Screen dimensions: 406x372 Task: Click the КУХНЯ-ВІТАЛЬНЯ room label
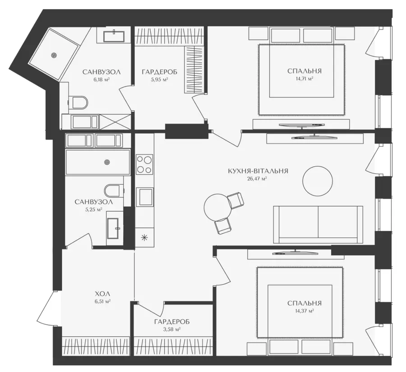pyautogui.click(x=258, y=171)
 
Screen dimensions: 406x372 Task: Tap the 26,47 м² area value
pyautogui.click(x=257, y=179)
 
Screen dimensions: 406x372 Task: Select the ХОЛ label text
pyautogui.click(x=102, y=294)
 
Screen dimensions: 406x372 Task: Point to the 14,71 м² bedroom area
pyautogui.click(x=304, y=78)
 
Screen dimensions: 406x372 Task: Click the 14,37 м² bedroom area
pyautogui.click(x=304, y=311)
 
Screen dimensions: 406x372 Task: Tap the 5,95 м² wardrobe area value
pyautogui.click(x=160, y=79)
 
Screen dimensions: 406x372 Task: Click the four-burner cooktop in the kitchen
pyautogui.click(x=144, y=164)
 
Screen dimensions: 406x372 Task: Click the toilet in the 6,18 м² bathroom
pyautogui.click(x=78, y=103)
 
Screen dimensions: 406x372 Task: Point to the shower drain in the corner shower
pyautogui.click(x=54, y=55)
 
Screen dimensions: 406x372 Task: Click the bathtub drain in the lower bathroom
pyautogui.click(x=106, y=162)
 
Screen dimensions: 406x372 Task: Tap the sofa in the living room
pyautogui.click(x=318, y=225)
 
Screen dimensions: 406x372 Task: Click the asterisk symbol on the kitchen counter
pyautogui.click(x=144, y=237)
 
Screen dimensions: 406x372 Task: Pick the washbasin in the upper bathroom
pyautogui.click(x=114, y=36)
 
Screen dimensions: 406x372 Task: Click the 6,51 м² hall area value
pyautogui.click(x=102, y=301)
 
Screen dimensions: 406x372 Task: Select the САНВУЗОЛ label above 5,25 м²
pyautogui.click(x=94, y=202)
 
